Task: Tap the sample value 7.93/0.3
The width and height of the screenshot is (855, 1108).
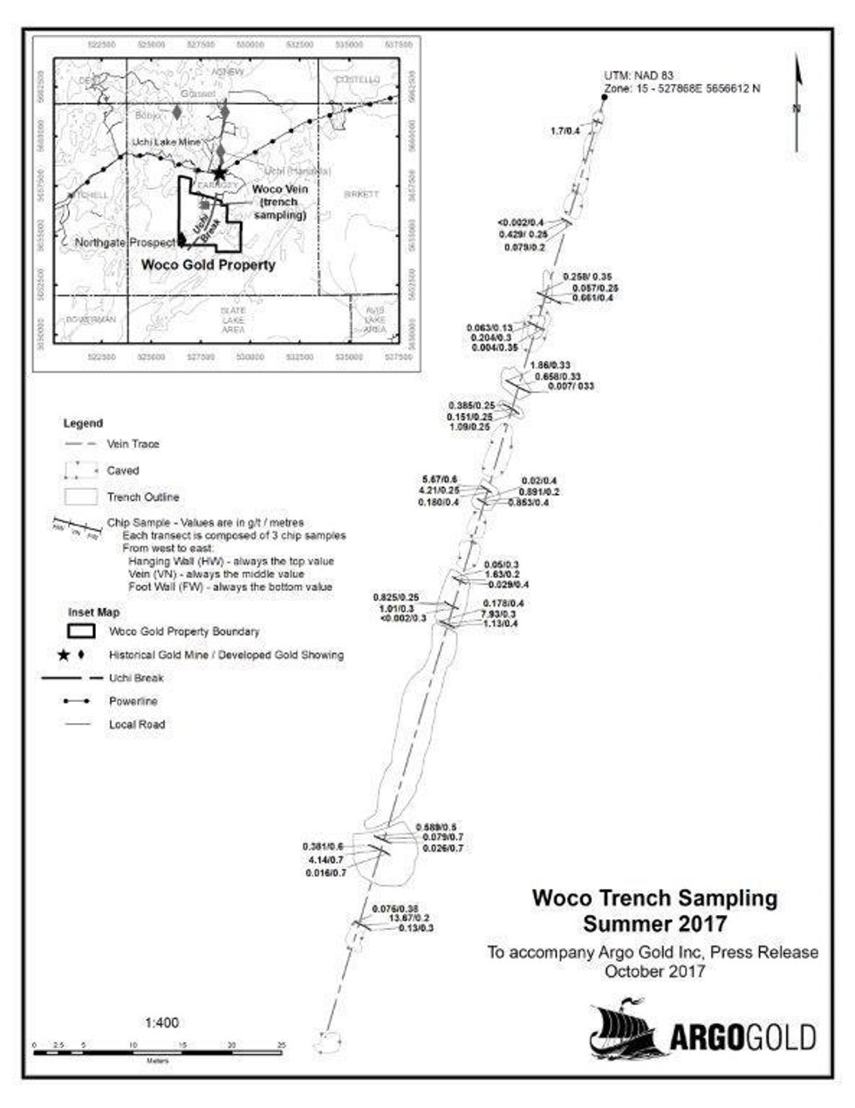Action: tap(498, 614)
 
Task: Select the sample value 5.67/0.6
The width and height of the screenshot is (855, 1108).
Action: tap(439, 479)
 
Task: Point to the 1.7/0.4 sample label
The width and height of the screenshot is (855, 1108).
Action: tap(565, 131)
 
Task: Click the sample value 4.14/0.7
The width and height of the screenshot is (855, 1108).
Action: tap(325, 860)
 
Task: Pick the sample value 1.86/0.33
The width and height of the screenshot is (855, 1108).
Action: tap(551, 364)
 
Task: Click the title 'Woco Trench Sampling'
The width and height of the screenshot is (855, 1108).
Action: tap(654, 898)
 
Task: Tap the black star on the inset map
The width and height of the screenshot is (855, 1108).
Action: tap(219, 174)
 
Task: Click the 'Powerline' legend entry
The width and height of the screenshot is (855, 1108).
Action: tap(133, 701)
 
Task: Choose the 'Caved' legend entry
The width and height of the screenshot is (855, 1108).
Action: tap(123, 471)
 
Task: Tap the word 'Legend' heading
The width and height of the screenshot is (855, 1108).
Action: tap(83, 423)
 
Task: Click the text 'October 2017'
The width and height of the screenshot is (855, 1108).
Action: tap(654, 970)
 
